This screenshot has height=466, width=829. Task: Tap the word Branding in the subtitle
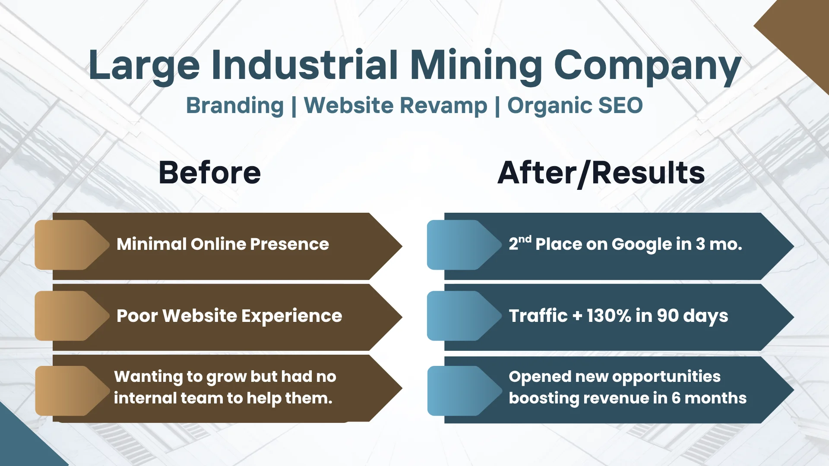click(x=235, y=106)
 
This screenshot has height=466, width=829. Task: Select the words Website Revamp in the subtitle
click(x=396, y=106)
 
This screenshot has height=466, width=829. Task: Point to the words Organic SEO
click(x=575, y=106)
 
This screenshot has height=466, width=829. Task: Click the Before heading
click(x=210, y=173)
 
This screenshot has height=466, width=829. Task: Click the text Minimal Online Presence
click(x=223, y=244)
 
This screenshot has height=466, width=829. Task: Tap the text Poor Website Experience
click(x=229, y=316)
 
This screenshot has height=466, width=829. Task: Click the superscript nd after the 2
click(x=525, y=239)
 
